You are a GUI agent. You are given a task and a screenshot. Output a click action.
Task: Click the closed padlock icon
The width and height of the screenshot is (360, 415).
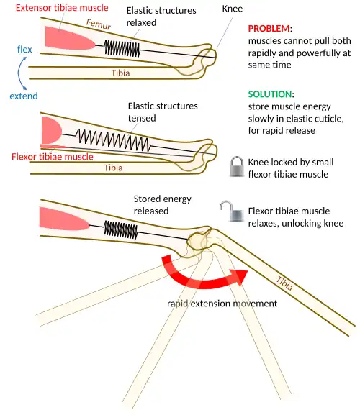point(237,166)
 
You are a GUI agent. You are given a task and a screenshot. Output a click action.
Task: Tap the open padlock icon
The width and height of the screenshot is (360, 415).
point(232,211)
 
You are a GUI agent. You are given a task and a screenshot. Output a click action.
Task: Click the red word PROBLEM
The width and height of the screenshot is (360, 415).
point(269,28)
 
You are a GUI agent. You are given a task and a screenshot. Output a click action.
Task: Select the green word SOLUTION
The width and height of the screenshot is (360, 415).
point(270,94)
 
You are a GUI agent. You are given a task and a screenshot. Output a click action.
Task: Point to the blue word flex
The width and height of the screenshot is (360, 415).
point(24,49)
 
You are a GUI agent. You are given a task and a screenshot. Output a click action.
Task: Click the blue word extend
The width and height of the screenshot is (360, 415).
point(24,96)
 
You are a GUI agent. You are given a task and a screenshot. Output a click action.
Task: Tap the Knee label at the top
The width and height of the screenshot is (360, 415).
point(233,9)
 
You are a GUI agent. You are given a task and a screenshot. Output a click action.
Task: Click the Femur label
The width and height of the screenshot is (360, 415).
point(98,24)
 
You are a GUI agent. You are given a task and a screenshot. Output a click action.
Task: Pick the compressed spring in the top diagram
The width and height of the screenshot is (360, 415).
point(122,48)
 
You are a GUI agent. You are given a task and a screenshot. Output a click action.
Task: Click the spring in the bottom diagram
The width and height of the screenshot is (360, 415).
point(121,229)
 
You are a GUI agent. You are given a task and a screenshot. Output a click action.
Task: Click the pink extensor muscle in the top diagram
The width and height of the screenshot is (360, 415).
point(70,38)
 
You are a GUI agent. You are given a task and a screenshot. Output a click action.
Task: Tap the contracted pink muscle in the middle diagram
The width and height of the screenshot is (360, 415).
point(52,130)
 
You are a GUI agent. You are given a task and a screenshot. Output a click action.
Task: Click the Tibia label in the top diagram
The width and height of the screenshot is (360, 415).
point(120,73)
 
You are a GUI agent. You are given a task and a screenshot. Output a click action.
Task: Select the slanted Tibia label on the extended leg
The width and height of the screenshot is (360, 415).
point(284,283)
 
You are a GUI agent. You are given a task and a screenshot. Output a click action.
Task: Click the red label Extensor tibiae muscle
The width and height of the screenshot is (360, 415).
point(62,8)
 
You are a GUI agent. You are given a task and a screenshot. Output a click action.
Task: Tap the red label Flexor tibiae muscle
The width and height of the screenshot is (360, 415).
point(52,156)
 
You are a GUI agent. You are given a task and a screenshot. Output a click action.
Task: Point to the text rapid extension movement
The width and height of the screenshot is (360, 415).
point(222,304)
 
